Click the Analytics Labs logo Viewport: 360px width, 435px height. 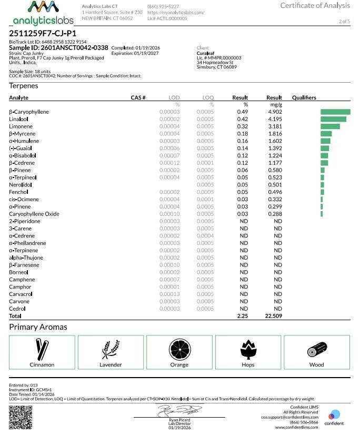(x=43, y=14)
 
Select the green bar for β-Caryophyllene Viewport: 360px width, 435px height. (x=335, y=112)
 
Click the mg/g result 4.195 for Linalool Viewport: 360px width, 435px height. (x=274, y=119)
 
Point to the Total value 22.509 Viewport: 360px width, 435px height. (x=274, y=315)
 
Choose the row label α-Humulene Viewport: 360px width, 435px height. (x=24, y=141)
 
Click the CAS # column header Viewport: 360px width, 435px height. (x=138, y=97)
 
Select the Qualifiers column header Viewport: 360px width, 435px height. (x=304, y=97)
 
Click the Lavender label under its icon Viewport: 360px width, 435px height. (x=111, y=364)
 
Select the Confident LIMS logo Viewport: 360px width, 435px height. (x=334, y=417)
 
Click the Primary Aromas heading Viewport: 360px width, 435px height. (x=38, y=327)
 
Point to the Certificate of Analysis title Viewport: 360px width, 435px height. (x=315, y=6)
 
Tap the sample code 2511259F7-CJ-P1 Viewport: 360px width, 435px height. (x=43, y=33)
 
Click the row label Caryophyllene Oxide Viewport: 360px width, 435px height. (x=34, y=214)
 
